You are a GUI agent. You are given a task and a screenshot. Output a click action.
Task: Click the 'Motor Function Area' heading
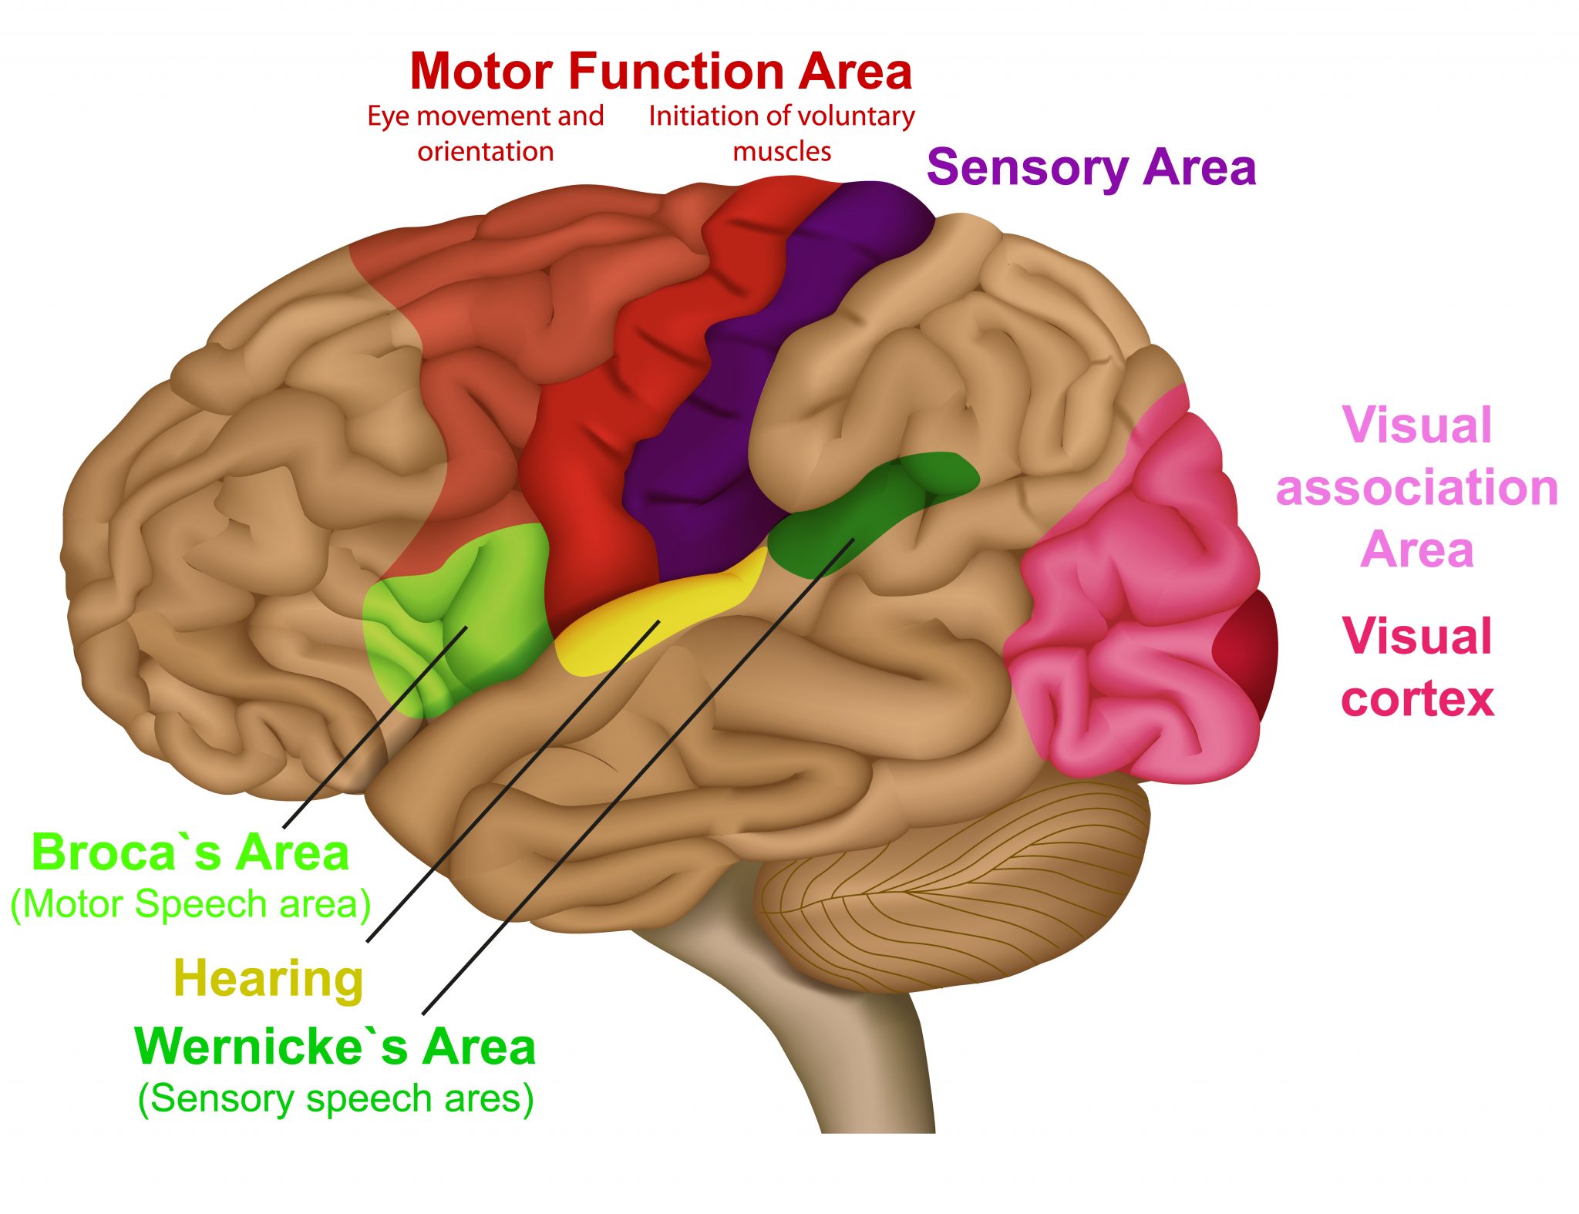pos(661,72)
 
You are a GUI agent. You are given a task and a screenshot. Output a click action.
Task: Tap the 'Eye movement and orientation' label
pos(486,133)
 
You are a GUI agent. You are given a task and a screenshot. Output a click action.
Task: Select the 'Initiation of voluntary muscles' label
pos(781,133)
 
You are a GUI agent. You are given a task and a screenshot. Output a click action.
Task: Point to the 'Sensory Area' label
pos(1091,167)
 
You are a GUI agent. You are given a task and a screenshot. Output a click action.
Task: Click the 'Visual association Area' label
pos(1417,487)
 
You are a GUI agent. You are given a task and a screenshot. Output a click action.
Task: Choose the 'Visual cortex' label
pos(1417,667)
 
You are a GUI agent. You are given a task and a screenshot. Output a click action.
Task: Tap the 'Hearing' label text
pos(268,979)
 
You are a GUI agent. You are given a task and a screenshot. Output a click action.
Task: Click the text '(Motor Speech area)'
pos(190,904)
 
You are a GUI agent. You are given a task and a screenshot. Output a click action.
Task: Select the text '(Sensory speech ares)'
pos(335,1098)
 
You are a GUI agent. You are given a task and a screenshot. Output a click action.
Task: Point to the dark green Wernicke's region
pos(864,509)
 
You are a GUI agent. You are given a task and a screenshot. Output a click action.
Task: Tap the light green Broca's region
pos(455,617)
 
